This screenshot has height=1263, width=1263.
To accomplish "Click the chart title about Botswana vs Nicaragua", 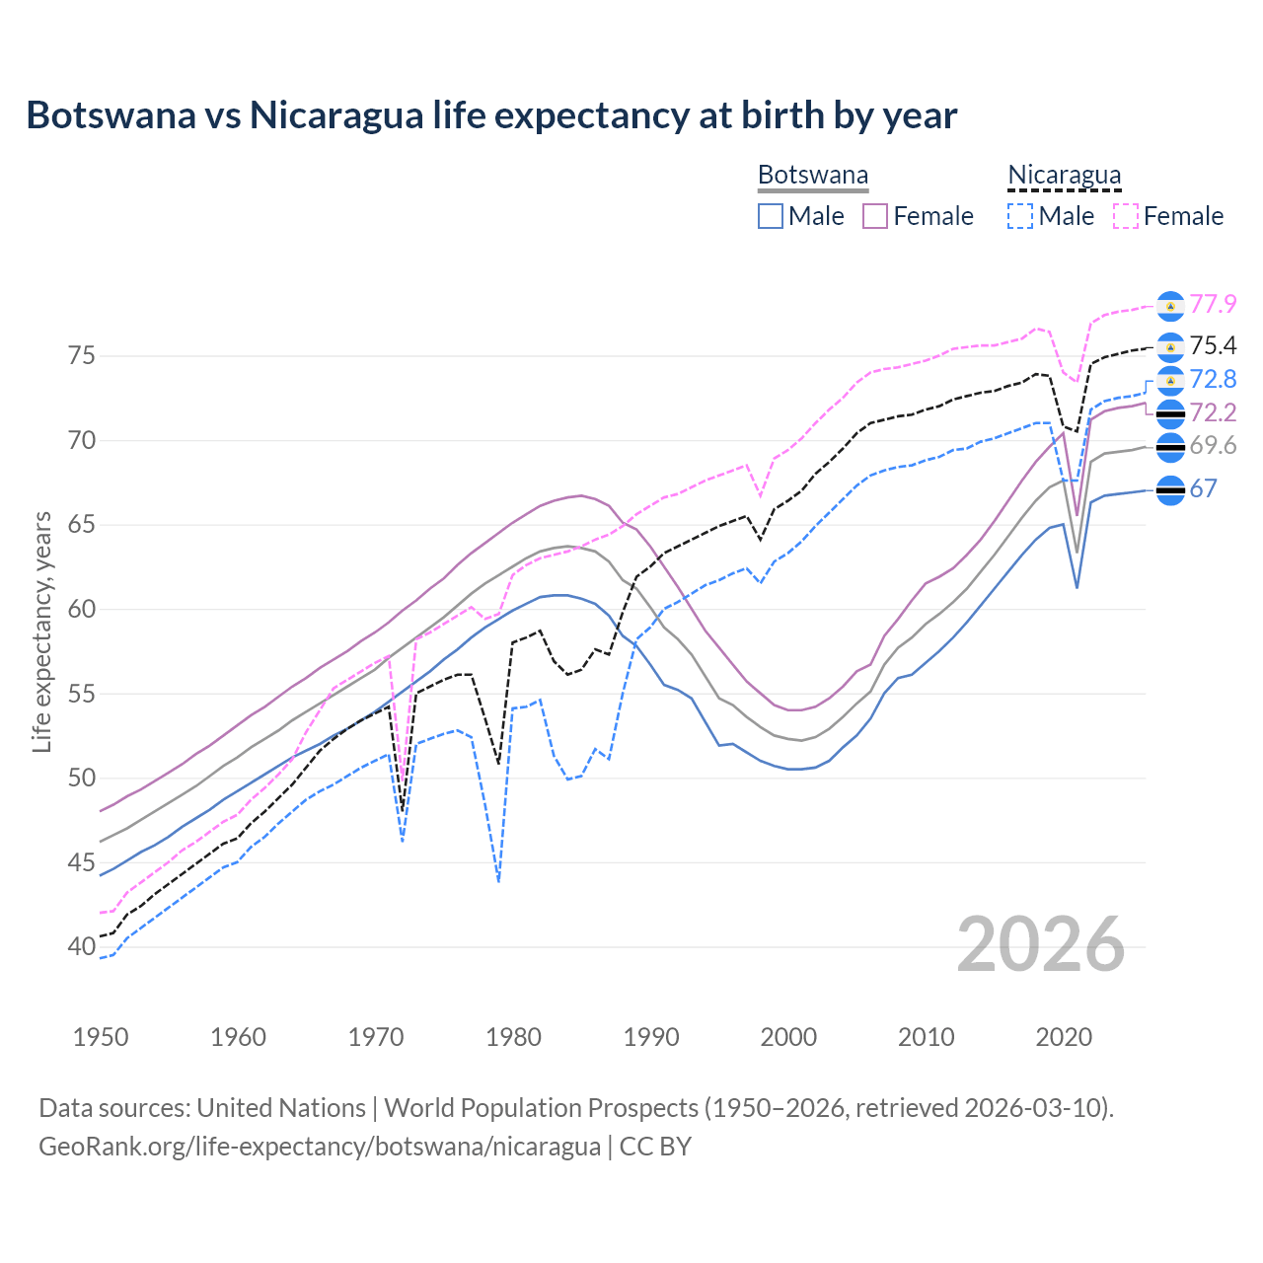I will (491, 115).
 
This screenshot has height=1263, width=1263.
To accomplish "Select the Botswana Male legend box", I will (771, 216).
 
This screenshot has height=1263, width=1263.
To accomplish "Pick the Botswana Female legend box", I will (875, 216).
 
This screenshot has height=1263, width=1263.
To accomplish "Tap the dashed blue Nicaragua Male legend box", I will (1020, 216).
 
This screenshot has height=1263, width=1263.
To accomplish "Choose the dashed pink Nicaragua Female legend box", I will (1126, 216).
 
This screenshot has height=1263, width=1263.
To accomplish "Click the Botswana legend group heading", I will (813, 176).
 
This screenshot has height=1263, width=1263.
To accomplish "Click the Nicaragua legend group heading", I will (1064, 176).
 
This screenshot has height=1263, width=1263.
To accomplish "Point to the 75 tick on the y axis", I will (82, 355).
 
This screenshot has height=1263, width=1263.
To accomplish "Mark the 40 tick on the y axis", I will (82, 946).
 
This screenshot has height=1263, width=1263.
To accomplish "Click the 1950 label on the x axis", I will (101, 1037).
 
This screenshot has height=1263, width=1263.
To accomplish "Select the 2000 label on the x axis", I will (788, 1037).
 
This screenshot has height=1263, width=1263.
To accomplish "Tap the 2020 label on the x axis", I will (1064, 1037).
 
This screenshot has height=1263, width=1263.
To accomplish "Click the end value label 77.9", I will (1213, 305).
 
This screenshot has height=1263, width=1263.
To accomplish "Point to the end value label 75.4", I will (1213, 345).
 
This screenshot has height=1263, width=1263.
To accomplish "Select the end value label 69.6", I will (1213, 446).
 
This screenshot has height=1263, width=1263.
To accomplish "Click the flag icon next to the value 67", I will (1170, 489).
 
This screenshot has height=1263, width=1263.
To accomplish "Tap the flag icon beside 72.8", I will (1170, 380).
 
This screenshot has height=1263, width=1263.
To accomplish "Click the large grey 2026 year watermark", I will (1041, 945).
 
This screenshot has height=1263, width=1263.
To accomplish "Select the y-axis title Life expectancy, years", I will (42, 631).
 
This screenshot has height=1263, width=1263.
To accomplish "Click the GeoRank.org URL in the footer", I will (320, 1147).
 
